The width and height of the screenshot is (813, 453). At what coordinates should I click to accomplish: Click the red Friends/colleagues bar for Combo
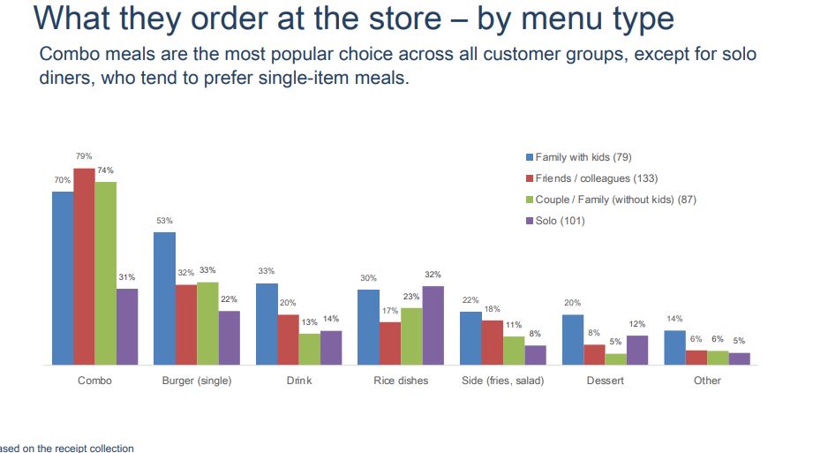point(84,266)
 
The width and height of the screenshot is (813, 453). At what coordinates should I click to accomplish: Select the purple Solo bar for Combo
point(127,326)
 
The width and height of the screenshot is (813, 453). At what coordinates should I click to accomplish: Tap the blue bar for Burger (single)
point(164,298)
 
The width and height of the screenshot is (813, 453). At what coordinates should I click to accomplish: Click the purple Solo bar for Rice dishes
point(433,325)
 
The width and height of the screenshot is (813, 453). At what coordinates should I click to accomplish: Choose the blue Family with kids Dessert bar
point(573,339)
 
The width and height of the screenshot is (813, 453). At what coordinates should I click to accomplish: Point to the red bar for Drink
point(288,339)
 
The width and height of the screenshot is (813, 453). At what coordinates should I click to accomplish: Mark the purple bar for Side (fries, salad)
point(535,354)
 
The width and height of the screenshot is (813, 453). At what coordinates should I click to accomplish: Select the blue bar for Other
point(674,347)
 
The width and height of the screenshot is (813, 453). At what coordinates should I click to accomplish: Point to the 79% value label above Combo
point(84,155)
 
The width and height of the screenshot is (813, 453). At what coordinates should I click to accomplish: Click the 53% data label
point(164,220)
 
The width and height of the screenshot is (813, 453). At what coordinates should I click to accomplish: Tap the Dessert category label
point(605,381)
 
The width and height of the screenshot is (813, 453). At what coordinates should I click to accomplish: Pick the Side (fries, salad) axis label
point(502,381)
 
